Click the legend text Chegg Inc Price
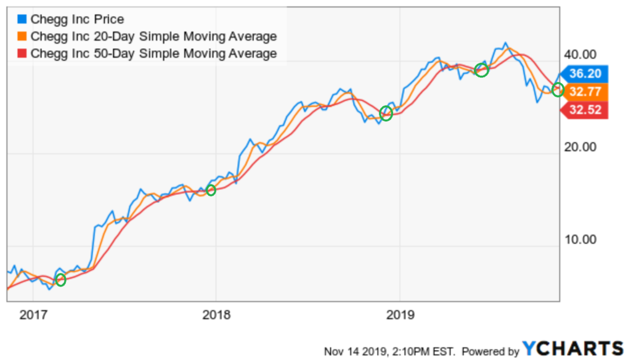76,20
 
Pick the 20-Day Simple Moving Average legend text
153,36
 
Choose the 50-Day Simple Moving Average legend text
153,53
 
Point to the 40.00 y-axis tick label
580,54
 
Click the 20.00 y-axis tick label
580,147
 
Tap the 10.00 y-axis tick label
580,239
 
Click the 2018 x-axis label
216,316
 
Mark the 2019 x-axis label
399,316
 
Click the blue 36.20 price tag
586,74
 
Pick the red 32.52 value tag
586,111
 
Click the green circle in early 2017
60,280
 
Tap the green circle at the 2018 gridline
211,190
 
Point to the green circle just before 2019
386,113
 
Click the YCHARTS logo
573,348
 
